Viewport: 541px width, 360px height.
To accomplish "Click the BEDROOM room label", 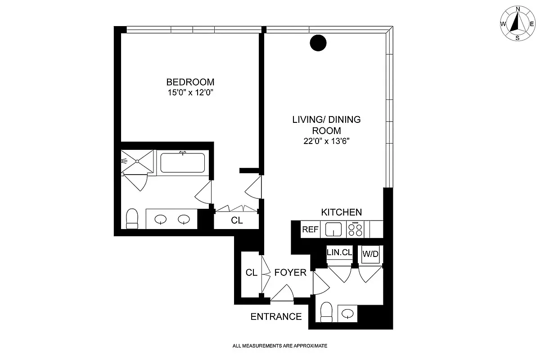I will click(x=190, y=82).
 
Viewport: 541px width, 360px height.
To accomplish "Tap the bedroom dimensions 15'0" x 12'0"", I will click(x=190, y=93).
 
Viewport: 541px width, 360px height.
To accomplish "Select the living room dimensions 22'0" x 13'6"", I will click(x=326, y=141).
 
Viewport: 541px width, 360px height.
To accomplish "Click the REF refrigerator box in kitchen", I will click(x=310, y=229).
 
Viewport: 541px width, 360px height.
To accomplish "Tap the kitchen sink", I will click(x=333, y=229).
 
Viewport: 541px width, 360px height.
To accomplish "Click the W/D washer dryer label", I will click(x=370, y=254).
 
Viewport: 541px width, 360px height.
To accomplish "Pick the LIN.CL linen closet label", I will click(x=338, y=253).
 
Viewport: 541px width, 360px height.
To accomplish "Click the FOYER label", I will click(x=290, y=273).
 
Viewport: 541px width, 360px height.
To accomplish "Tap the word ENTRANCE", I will click(x=276, y=317).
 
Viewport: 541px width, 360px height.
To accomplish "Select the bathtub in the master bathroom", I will click(x=183, y=163).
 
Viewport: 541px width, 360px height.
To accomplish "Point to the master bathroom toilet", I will click(x=132, y=219).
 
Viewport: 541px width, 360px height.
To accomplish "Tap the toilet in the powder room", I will click(x=326, y=312).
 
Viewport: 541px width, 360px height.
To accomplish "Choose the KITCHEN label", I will click(x=341, y=212).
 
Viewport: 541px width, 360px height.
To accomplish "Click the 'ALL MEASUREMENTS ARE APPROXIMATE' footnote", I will click(x=280, y=346).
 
